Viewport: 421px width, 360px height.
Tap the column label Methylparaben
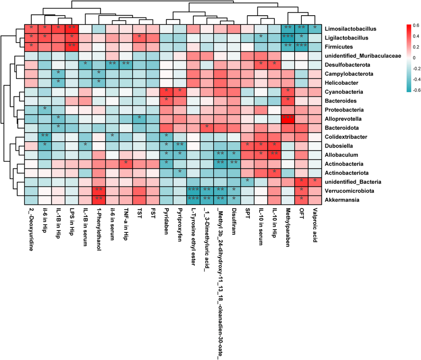click(288, 228)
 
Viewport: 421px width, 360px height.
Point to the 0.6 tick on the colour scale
click(416, 25)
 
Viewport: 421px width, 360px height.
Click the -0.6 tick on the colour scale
click(415, 90)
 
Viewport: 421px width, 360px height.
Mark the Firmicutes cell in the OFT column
click(301, 46)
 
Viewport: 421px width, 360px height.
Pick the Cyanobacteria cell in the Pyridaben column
click(166, 91)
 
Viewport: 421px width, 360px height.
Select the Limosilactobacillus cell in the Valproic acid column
click(315, 29)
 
